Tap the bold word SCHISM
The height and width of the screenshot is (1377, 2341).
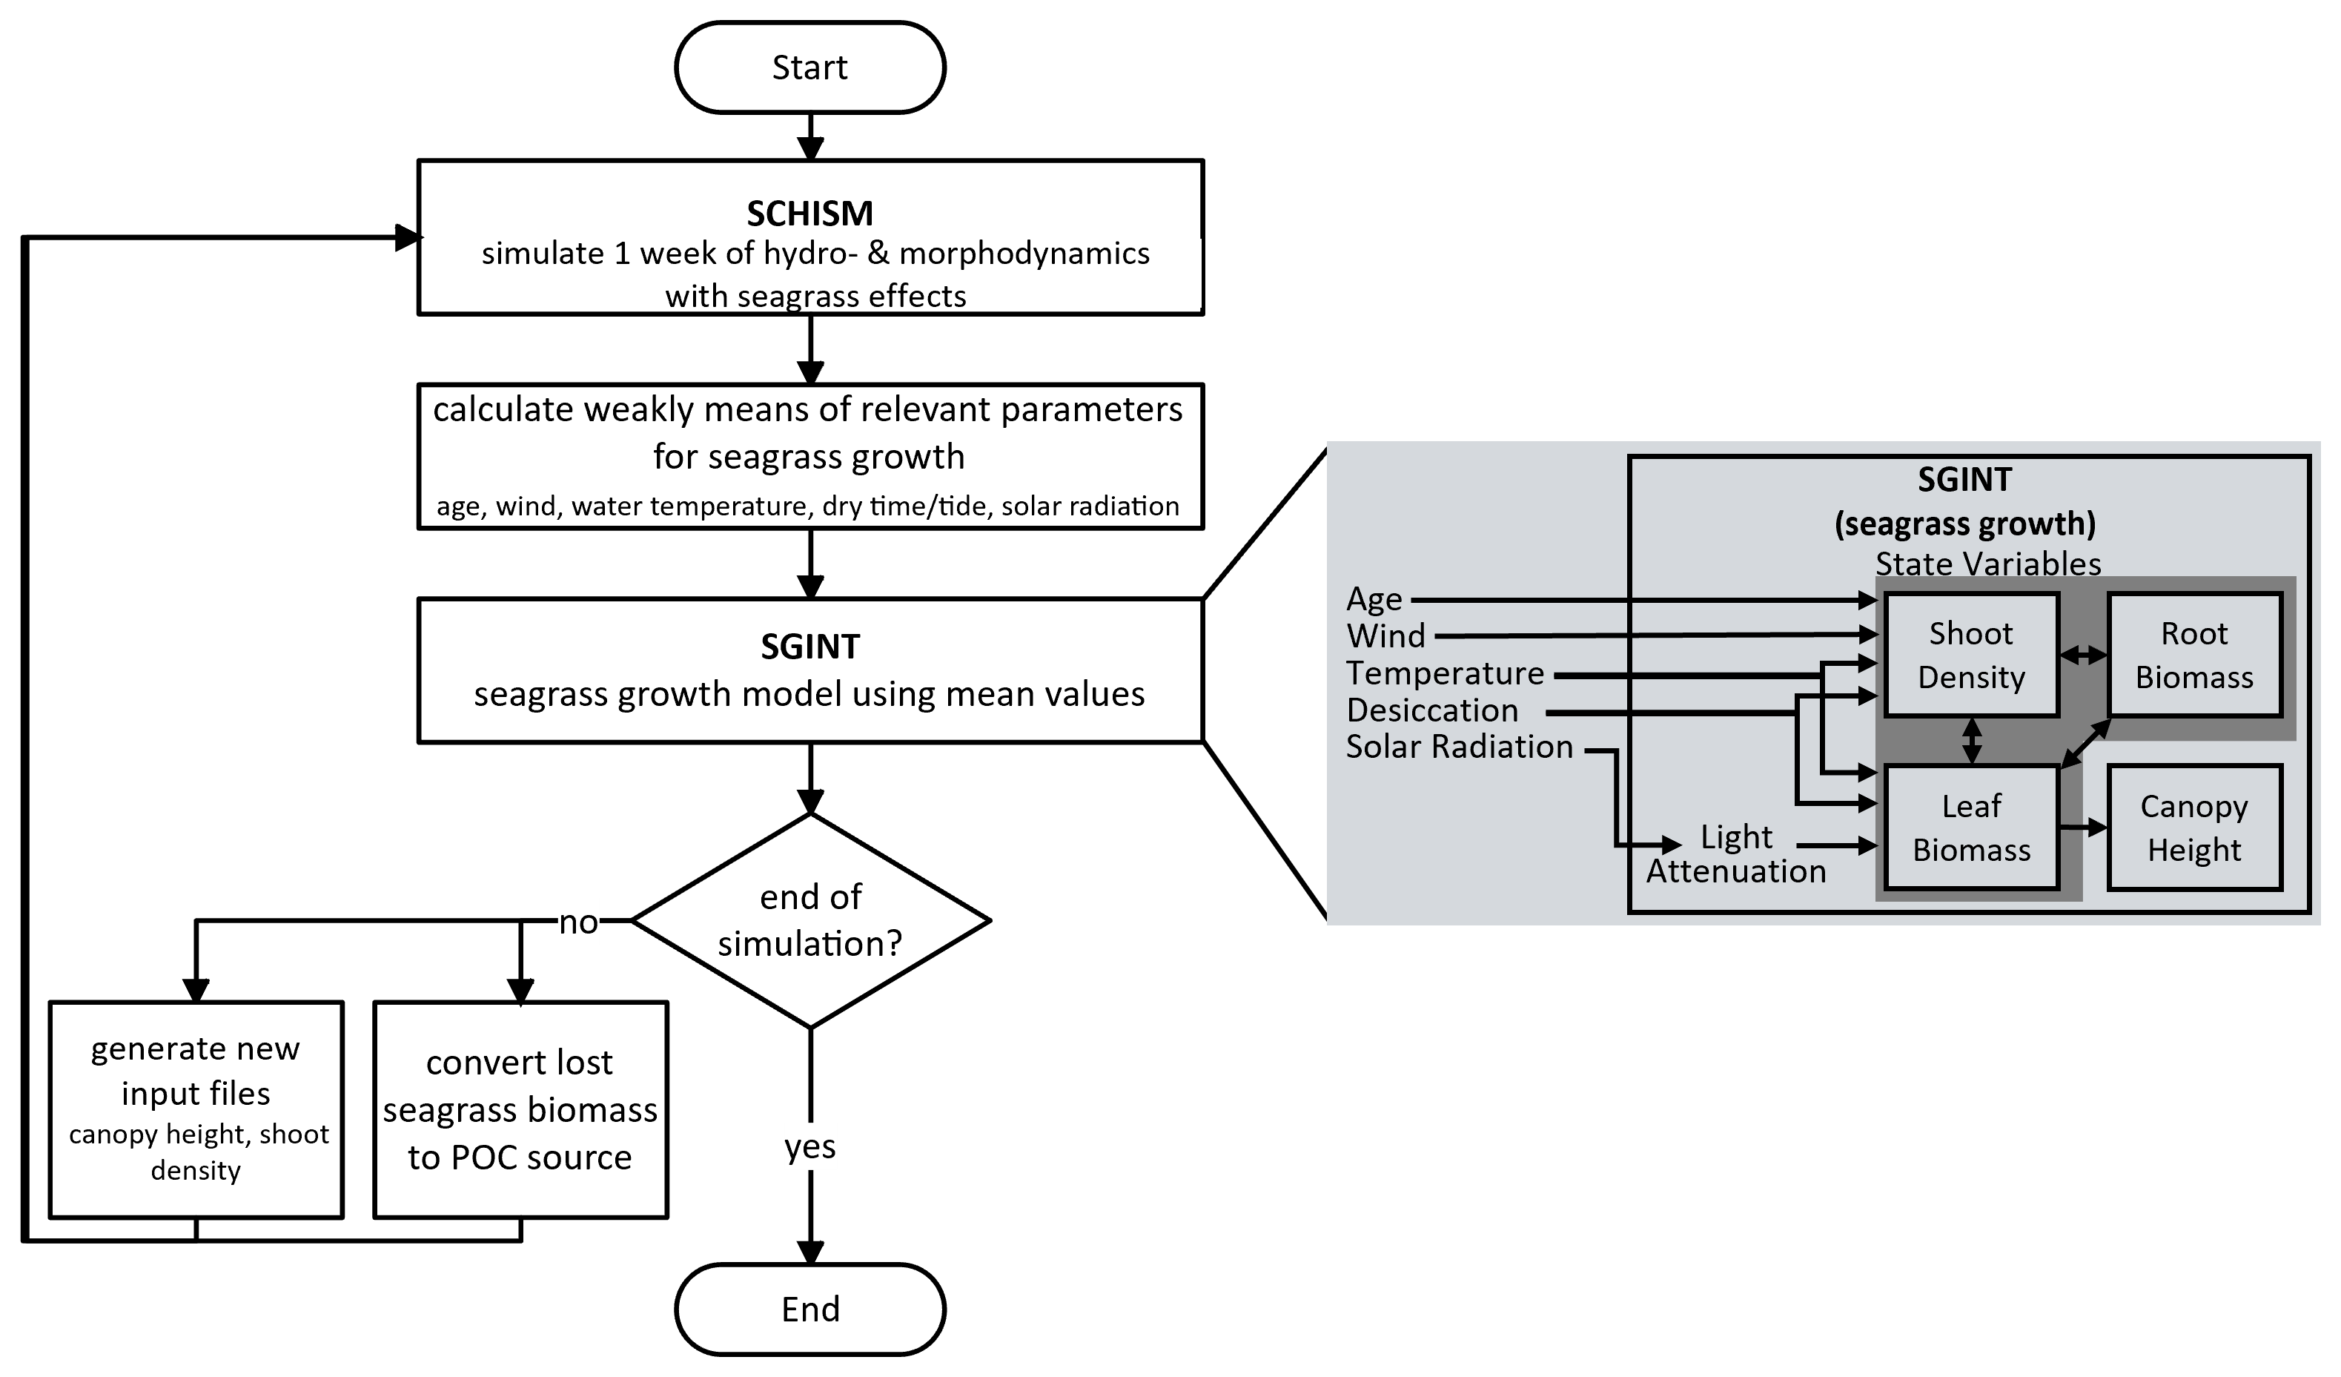[x=810, y=214]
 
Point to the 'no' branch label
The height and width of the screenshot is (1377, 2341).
[x=577, y=922]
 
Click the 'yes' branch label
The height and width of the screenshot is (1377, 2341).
[x=810, y=1146]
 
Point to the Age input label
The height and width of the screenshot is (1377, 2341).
[x=1374, y=599]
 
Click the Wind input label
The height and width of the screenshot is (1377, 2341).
[x=1386, y=636]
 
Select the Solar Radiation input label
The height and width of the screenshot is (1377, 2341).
[x=1460, y=747]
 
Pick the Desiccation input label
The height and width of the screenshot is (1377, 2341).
[x=1432, y=711]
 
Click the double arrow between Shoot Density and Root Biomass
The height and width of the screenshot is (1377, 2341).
[x=2084, y=655]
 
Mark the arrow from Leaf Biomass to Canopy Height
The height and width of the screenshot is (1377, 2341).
[x=2084, y=826]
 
